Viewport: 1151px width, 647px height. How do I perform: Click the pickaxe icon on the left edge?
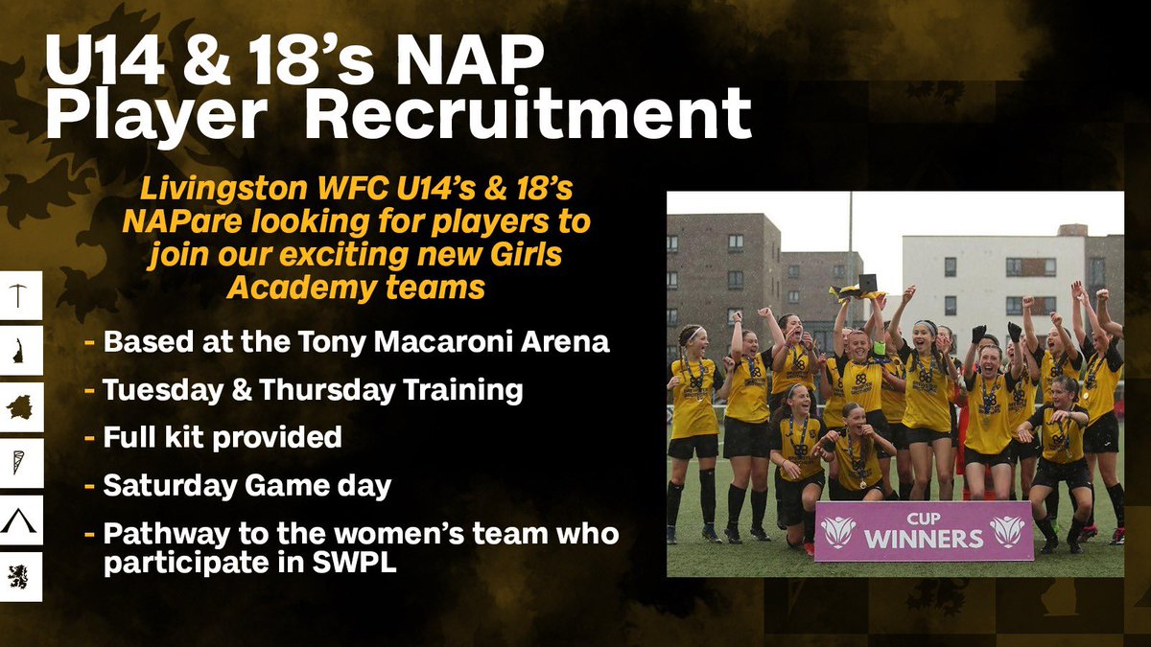(21, 294)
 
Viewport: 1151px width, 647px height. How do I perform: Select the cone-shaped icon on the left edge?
(21, 465)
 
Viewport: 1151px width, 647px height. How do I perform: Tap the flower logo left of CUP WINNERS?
(838, 529)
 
